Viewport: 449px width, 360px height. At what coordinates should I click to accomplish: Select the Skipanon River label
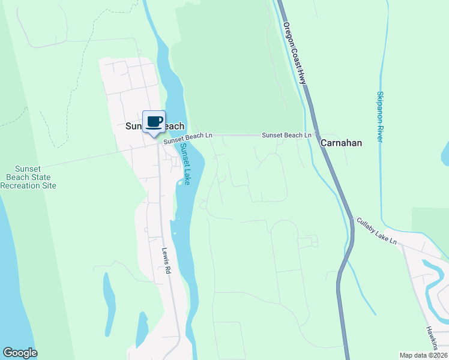[381, 116]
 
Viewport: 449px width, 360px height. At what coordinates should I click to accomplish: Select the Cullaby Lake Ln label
[377, 231]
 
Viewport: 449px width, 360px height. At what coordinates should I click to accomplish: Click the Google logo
[20, 353]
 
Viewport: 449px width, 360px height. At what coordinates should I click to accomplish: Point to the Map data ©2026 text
[423, 355]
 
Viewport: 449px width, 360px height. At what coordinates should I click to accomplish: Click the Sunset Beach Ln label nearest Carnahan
[286, 136]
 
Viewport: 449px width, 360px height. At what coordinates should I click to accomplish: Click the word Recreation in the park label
[28, 185]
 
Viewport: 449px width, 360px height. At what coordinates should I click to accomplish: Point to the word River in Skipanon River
[381, 133]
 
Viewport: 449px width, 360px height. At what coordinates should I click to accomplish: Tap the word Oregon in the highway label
[288, 37]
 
